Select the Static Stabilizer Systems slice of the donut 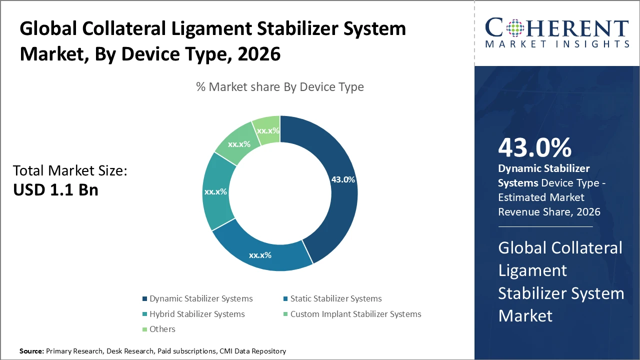[260, 252]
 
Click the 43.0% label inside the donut [343, 179]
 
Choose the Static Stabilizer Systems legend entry [335, 298]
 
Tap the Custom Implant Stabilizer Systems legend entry [355, 314]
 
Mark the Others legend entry [162, 329]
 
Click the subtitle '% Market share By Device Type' [280, 87]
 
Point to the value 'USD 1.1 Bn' [55, 190]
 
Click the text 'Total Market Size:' [70, 171]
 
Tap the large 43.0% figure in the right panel [534, 148]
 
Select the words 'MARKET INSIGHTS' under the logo [557, 44]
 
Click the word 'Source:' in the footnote [31, 351]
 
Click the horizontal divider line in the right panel [545, 226]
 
